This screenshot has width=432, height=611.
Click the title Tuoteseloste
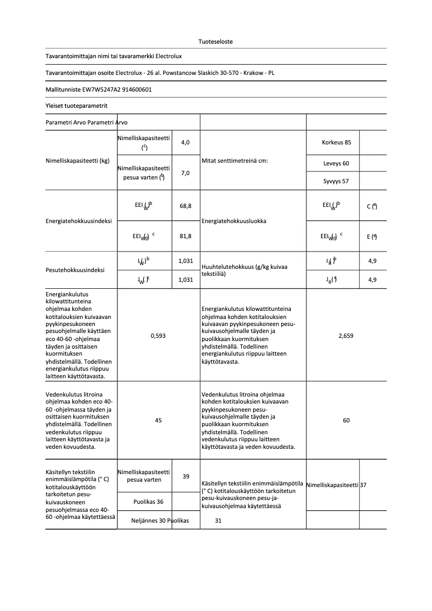[215, 41]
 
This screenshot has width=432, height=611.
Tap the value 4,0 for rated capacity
[185, 142]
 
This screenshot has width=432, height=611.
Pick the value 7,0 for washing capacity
[185, 173]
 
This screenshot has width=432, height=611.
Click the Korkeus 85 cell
[336, 142]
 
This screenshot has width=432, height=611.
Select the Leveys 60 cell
[336, 163]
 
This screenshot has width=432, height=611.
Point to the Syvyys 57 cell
[336, 181]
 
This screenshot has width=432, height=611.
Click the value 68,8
[185, 206]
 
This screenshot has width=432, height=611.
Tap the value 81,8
[185, 236]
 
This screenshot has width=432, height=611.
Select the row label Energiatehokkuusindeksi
[79, 221]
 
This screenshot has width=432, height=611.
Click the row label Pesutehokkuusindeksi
[75, 270]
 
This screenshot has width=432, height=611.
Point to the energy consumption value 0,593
[158, 336]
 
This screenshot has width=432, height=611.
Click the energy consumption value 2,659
[346, 336]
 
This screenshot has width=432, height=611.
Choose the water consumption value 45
[158, 420]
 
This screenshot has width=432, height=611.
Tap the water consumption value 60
[346, 420]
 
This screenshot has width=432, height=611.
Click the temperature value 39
[185, 476]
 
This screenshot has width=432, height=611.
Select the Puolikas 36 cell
[148, 502]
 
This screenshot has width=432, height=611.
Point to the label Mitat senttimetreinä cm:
[234, 161]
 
